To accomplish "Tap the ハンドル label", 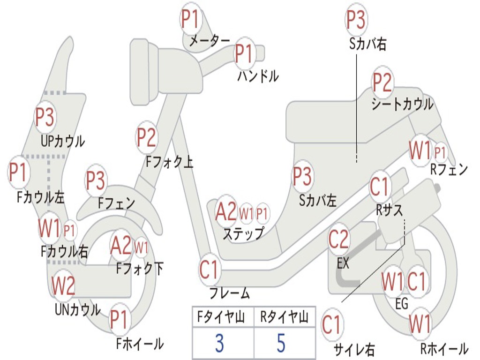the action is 258,75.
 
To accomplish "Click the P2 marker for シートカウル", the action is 382,83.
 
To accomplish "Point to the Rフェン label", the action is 449,170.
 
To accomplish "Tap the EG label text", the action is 402,304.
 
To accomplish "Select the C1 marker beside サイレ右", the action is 332,325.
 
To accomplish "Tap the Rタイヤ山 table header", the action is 284,318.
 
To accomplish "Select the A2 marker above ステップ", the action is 226,212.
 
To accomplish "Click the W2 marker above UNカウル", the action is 63,285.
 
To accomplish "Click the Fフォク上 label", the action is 169,162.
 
